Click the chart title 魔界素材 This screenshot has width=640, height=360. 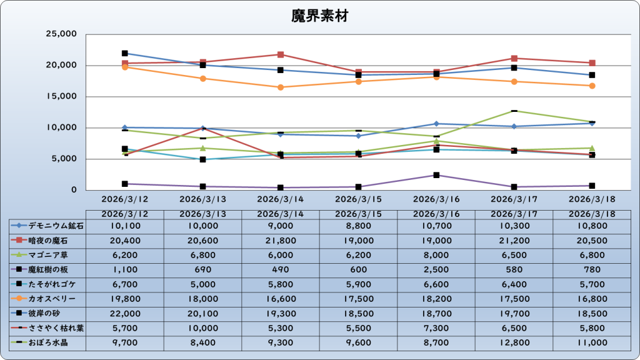pos(319,16)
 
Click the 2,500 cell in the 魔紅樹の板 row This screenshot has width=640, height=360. pos(436,269)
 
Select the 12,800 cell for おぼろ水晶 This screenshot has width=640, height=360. pos(514,342)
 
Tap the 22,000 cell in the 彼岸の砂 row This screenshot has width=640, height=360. pos(124,313)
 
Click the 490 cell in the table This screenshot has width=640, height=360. pos(281,269)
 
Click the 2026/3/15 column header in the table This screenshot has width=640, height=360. pos(358,214)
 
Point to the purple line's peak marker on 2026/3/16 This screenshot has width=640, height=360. pos(436,175)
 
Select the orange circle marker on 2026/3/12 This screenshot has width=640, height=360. pos(125,67)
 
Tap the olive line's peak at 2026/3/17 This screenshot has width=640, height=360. pos(514,111)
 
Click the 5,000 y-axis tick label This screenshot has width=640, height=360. pos(63,159)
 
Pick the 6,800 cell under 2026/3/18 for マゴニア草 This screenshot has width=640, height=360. pos(591,254)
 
